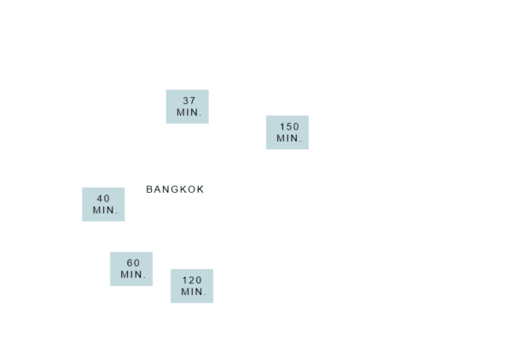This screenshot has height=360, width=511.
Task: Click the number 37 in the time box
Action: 189,101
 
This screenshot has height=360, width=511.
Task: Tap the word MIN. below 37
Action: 189,113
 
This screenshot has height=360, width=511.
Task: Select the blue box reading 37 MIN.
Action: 188,107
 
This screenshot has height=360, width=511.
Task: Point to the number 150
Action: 289,126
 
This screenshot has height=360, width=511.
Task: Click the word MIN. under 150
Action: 289,138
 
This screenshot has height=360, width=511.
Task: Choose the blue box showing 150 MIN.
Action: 287,132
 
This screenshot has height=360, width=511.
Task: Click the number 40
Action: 103,199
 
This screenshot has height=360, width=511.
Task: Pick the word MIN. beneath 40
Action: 105,210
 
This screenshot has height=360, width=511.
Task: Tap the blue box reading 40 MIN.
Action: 103,204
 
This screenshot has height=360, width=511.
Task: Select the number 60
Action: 133,263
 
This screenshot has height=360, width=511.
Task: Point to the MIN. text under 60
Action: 133,275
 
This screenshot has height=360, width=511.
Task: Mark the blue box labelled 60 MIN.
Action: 131,269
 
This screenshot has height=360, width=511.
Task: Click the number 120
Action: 192,280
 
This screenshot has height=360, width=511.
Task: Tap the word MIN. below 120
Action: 194,292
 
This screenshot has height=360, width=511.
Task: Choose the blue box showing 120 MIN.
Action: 192,286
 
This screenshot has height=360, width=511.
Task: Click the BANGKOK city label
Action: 175,189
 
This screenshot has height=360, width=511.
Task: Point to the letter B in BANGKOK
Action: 149,189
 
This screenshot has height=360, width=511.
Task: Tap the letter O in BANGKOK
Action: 191,189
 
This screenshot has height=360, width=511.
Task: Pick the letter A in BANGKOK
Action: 158,189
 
